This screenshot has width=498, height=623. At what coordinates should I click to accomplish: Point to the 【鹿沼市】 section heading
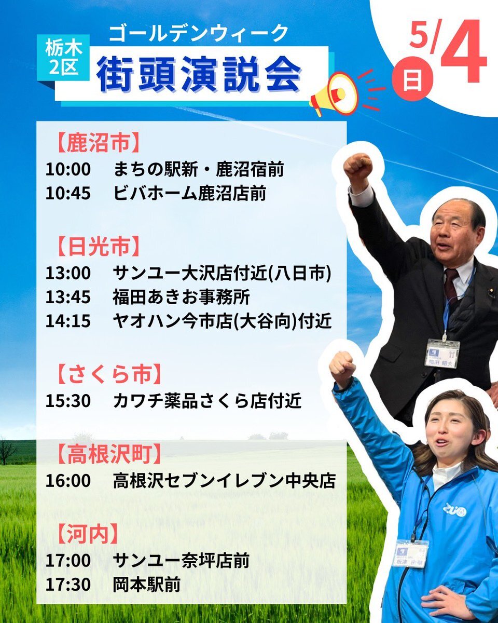click(98, 143)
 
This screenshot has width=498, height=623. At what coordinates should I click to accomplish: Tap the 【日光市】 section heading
click(98, 247)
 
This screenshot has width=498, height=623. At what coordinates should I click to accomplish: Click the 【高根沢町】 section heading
click(108, 454)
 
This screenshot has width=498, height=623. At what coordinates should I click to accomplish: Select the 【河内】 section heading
click(87, 534)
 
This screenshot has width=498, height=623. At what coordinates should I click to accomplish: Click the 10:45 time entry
click(68, 193)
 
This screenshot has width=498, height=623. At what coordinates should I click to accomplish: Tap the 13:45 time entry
click(68, 297)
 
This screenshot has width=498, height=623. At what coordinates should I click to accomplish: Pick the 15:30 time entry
click(68, 401)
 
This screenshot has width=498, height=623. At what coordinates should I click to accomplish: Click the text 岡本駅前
click(147, 585)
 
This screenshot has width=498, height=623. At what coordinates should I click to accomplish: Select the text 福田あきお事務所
click(181, 297)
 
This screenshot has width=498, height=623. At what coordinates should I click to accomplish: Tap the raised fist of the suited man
click(358, 168)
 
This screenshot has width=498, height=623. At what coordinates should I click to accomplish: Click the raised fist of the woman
click(342, 366)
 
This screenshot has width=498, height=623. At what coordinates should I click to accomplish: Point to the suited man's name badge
click(442, 353)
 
